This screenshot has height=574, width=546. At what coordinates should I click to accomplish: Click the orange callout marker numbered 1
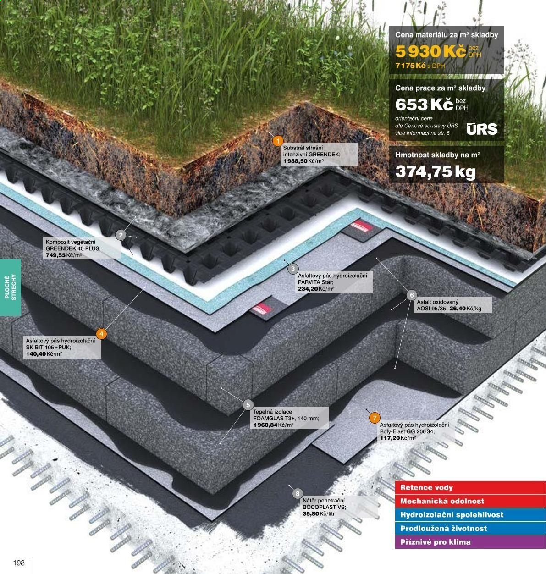tap(278, 141)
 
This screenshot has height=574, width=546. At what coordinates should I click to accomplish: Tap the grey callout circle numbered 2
tap(121, 235)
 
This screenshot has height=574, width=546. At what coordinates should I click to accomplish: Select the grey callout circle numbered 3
tap(293, 269)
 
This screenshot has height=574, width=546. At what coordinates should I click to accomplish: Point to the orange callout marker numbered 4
tap(101, 334)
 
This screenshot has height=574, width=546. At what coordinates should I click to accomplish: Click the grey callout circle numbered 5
tap(248, 405)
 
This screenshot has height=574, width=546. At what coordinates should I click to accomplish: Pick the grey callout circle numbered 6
tap(412, 295)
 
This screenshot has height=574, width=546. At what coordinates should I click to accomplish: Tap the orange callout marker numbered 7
tap(375, 418)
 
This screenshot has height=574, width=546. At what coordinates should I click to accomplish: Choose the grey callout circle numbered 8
tap(298, 494)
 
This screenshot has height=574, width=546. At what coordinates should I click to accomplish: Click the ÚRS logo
tap(482, 129)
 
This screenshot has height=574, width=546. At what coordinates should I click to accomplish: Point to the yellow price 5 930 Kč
tap(430, 52)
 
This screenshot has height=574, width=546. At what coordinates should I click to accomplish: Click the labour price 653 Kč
tap(424, 105)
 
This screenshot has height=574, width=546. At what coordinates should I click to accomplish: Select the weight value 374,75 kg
tap(436, 171)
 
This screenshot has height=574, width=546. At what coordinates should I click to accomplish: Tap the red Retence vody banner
tap(470, 488)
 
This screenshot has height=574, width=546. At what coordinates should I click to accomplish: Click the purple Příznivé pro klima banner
tap(470, 542)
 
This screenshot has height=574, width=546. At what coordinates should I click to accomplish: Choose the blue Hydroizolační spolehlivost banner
tap(470, 515)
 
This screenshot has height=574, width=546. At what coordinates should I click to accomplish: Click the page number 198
tap(19, 563)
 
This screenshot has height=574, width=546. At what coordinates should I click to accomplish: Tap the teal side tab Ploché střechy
tap(11, 287)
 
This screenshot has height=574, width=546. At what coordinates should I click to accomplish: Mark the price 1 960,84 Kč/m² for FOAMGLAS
tap(273, 425)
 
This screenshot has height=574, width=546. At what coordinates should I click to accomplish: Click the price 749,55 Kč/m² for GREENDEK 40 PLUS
tap(64, 255)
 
